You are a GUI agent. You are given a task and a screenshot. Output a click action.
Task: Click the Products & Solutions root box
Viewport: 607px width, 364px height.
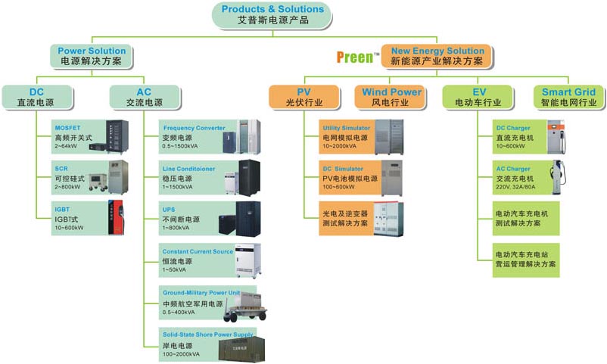pyautogui.click(x=272, y=15)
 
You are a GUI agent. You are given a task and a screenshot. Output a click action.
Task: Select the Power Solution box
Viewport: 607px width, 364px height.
pyautogui.click(x=92, y=55)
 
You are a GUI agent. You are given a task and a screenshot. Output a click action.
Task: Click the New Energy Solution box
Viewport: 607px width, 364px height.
pyautogui.click(x=437, y=55)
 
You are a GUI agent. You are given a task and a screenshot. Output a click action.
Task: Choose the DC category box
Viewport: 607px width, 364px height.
pyautogui.click(x=37, y=97)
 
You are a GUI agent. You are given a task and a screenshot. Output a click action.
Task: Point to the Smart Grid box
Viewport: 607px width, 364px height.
pyautogui.click(x=568, y=97)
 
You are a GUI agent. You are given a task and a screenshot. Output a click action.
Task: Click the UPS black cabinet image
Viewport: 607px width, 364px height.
pyautogui.click(x=248, y=218)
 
